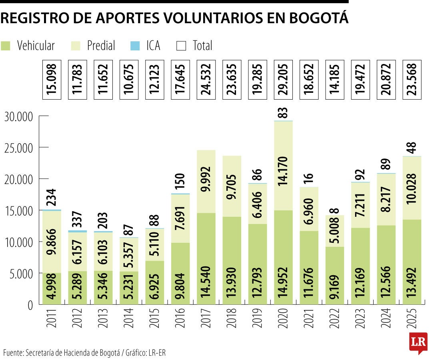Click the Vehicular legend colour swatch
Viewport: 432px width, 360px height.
(6, 46)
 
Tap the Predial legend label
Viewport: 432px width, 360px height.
(101, 46)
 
